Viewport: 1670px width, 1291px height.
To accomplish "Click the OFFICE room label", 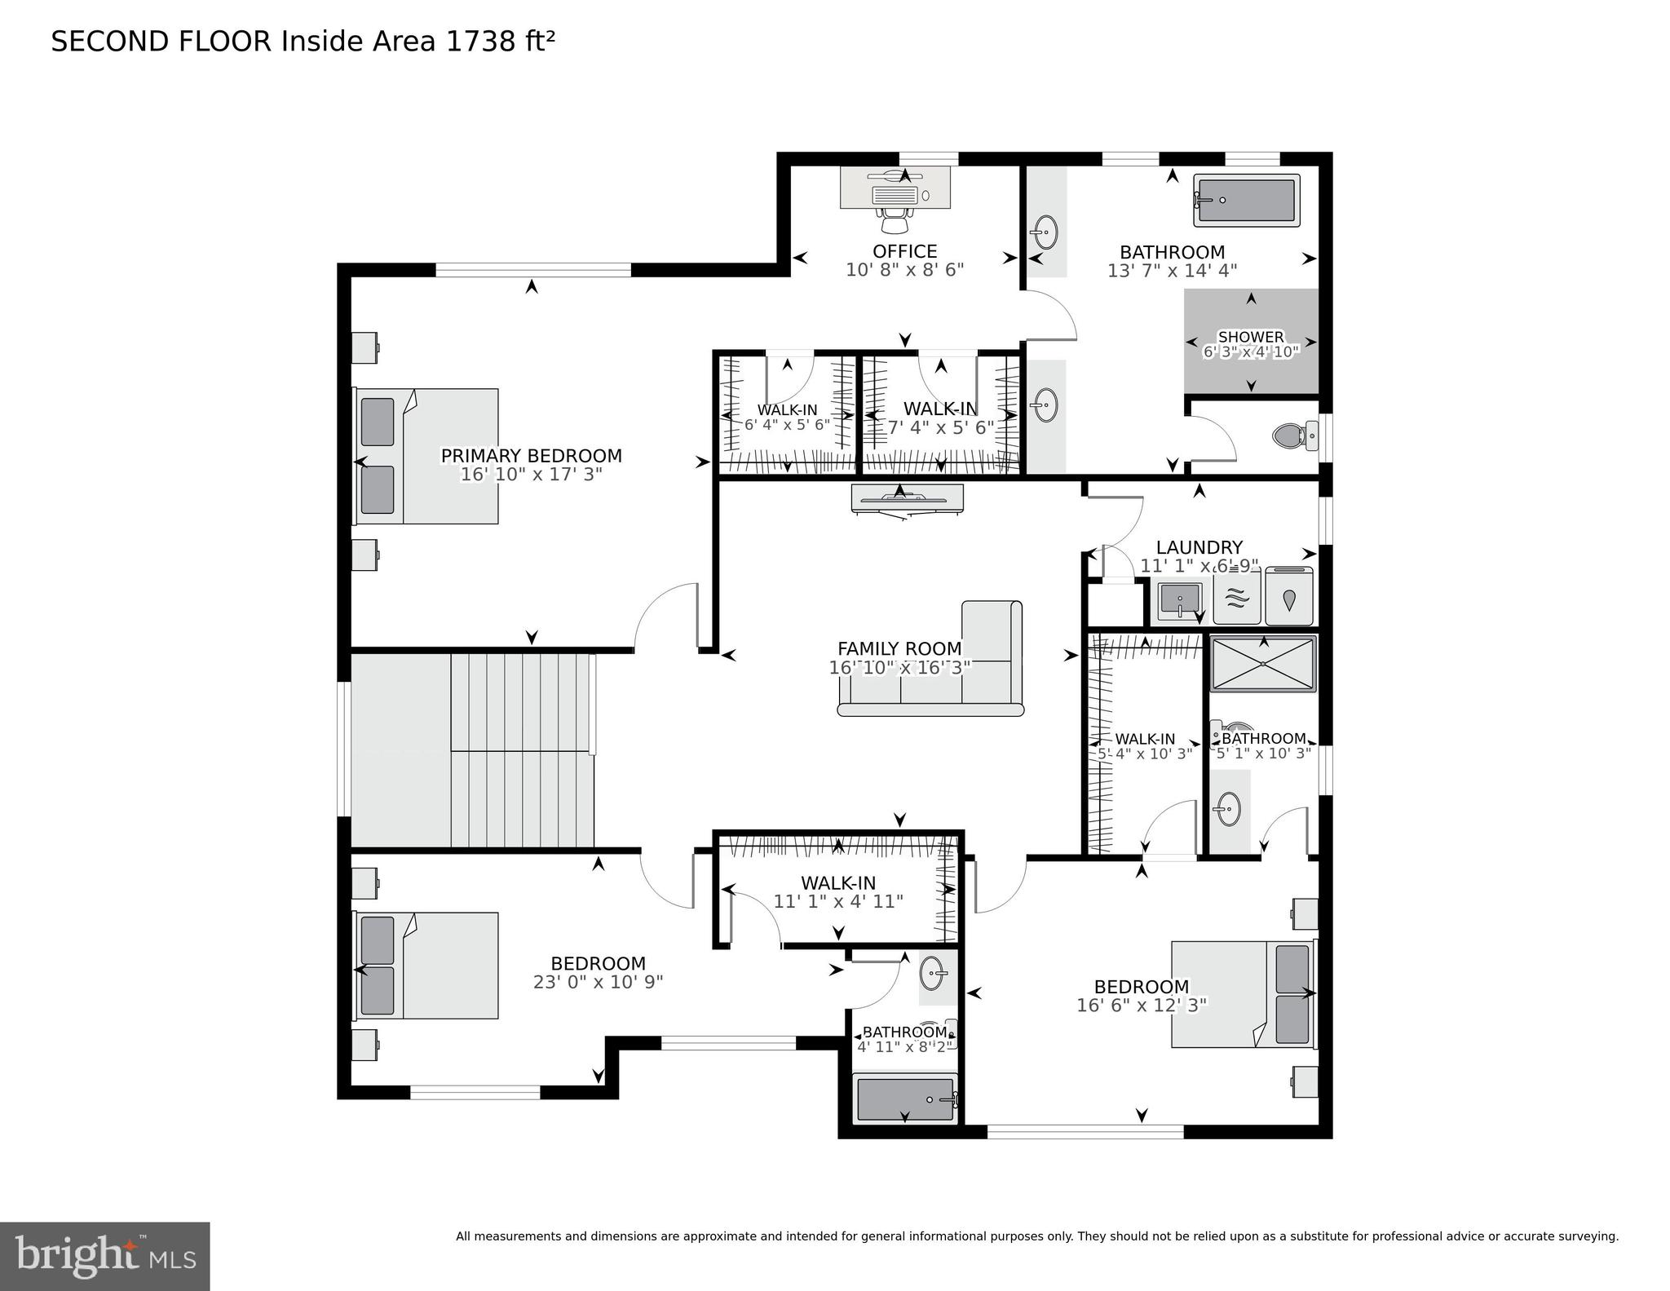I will coord(904,251).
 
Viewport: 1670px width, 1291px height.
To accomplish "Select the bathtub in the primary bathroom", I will coord(1246,201).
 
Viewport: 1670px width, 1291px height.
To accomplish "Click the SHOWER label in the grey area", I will coord(1250,337).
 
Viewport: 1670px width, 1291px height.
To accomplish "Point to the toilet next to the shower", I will coord(1294,435).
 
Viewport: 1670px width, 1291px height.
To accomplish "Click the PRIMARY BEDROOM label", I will coord(531,456).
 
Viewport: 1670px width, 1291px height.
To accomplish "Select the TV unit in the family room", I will coord(907,499).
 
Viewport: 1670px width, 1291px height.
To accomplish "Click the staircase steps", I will coord(522,750).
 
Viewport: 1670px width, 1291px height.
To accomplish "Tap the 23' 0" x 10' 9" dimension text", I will coord(598,982).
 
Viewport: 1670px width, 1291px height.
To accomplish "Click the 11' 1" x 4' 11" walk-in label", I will coord(838,901).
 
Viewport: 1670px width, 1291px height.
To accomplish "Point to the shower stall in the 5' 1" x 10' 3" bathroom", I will coord(1262,664).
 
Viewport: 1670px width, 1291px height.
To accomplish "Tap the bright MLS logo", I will coord(105,1256).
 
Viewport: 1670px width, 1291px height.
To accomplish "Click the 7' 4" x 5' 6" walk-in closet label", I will coord(940,427).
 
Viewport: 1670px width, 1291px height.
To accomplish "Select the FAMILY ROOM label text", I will coord(899,648).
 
